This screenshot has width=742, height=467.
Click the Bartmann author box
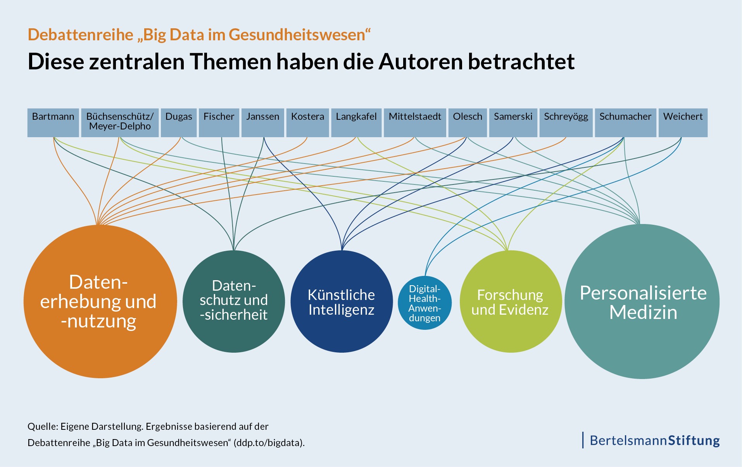[53, 122]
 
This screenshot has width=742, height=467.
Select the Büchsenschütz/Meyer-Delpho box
[120, 122]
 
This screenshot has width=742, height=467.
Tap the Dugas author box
[179, 122]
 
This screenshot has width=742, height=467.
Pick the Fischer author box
[219, 122]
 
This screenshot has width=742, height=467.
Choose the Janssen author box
[262, 122]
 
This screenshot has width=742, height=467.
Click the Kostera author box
[307, 122]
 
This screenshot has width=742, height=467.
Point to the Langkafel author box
[356, 122]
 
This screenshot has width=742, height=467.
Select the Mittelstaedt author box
[415, 122]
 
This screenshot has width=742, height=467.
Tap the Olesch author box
[468, 122]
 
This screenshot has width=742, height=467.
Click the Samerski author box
[513, 122]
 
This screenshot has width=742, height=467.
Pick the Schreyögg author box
[566, 122]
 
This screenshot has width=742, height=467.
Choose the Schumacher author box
[625, 122]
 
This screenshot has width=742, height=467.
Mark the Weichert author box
[683, 122]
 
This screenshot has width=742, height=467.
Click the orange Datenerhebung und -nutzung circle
[100, 302]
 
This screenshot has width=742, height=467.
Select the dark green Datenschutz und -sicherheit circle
[234, 302]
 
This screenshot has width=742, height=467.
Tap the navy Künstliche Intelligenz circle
[342, 302]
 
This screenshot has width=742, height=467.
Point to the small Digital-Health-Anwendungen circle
[425, 303]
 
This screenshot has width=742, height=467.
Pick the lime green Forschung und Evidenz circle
[510, 302]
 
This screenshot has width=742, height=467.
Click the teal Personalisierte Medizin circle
[642, 302]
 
